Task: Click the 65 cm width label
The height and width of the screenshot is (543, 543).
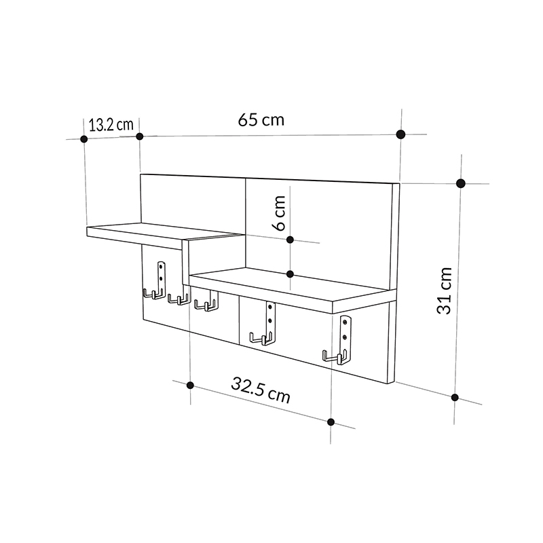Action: click(x=261, y=120)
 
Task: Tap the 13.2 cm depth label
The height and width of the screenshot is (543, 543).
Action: click(x=111, y=124)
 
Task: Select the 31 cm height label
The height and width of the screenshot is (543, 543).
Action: click(x=444, y=290)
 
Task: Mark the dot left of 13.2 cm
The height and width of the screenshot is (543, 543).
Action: click(x=84, y=138)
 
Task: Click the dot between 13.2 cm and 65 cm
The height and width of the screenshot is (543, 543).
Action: click(x=140, y=136)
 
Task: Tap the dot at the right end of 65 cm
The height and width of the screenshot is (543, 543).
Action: click(x=401, y=134)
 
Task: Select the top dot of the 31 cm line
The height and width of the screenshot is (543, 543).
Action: click(x=461, y=183)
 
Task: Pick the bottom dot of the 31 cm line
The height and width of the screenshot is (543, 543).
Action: click(x=455, y=398)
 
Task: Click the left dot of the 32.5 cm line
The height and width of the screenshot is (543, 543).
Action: click(x=190, y=386)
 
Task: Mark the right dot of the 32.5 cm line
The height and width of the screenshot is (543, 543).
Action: click(x=331, y=422)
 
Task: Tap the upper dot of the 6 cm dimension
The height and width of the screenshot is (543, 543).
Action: click(x=290, y=240)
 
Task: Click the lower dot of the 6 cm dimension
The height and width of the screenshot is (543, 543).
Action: click(x=290, y=274)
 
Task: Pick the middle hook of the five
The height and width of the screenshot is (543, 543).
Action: click(x=204, y=303)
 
